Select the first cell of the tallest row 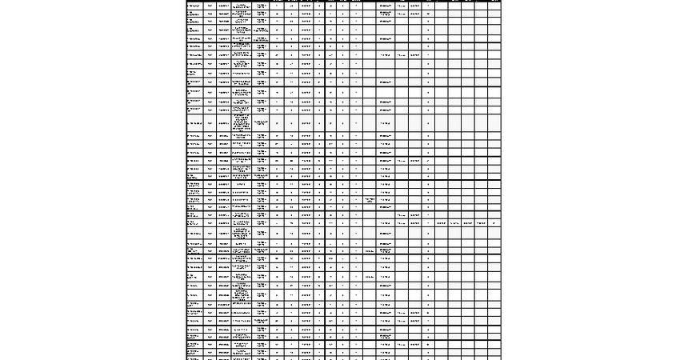point(194,123)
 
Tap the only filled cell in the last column point(494,223)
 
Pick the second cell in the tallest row point(210,123)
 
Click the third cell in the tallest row point(223,123)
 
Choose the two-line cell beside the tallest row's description point(262,123)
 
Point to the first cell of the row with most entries point(193,223)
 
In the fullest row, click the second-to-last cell point(481,223)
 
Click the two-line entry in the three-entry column point(370,200)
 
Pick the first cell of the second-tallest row point(194,234)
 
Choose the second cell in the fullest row point(210,223)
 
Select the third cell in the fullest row point(223,223)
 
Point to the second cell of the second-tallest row point(210,234)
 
